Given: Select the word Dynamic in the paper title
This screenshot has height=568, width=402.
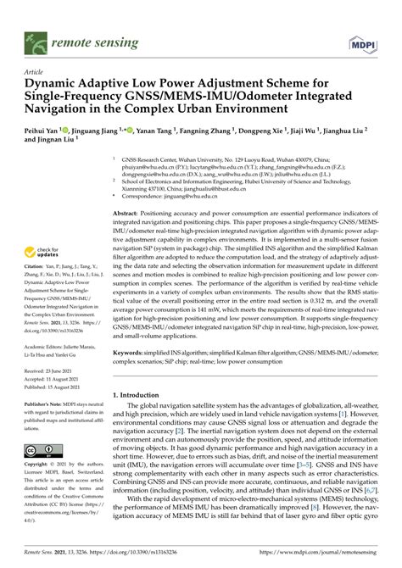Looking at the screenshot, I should (53, 85).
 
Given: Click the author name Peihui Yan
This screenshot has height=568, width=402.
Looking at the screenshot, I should (42, 133).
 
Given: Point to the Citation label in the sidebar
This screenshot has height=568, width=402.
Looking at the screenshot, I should (36, 265).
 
